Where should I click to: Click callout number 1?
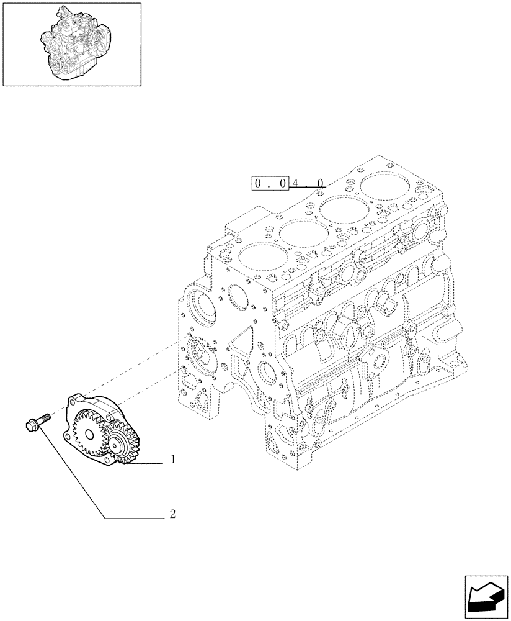[173, 460]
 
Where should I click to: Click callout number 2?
[173, 514]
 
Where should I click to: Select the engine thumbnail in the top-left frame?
[71, 43]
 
